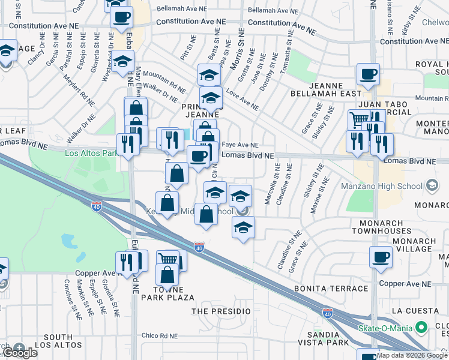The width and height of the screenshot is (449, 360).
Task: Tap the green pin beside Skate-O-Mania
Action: [421, 328]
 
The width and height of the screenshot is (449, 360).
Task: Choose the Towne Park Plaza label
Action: [167, 293]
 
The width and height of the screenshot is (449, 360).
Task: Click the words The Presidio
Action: [221, 311]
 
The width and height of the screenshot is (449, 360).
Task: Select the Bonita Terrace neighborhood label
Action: [331, 289]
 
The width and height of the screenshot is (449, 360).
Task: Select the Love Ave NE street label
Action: [243, 100]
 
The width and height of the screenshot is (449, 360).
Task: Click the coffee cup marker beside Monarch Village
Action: [381, 258]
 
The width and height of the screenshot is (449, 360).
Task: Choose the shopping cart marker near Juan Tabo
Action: [358, 119]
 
